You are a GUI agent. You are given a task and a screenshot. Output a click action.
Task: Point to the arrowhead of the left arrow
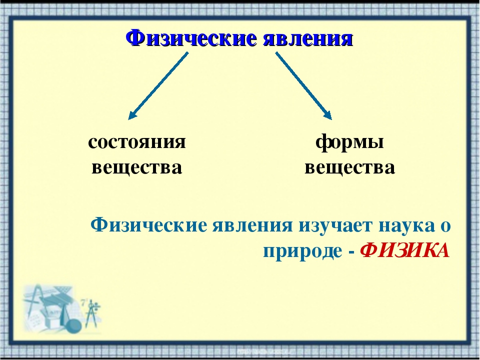pos(132,115)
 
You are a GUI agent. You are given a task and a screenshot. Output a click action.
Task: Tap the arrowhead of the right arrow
pos(327,115)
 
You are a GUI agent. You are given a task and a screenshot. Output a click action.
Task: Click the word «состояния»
pos(137,142)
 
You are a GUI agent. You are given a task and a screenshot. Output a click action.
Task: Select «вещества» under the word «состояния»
pos(137,168)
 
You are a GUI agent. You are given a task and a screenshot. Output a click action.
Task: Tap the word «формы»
pos(349,143)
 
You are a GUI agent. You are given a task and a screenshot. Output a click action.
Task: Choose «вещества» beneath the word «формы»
pos(349,168)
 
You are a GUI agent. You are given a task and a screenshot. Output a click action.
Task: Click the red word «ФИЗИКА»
pos(404,251)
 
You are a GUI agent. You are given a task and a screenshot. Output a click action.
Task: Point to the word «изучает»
pos(335,226)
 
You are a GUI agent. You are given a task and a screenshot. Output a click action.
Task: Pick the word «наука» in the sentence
pos(407,226)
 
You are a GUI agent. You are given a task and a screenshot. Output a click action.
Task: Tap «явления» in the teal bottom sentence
pos(252,226)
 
